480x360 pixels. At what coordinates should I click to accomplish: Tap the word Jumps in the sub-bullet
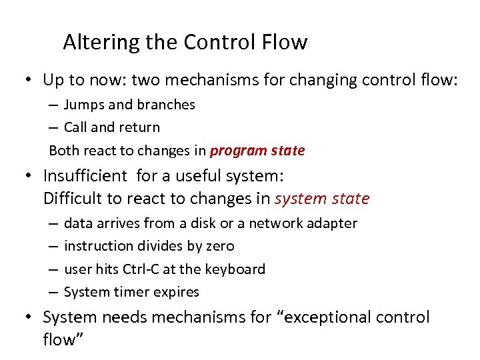(x=83, y=105)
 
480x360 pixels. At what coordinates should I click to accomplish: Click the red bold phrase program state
(x=257, y=150)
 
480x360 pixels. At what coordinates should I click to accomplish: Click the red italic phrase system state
(x=322, y=199)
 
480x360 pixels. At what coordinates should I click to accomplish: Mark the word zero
(x=221, y=246)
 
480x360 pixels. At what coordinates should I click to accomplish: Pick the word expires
(x=177, y=292)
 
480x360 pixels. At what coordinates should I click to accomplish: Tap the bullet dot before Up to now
(x=31, y=81)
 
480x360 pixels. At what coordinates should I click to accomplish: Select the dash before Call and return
(x=53, y=127)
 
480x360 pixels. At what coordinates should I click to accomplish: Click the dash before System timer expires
(x=53, y=293)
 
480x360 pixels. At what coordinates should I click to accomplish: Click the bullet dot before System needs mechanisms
(x=31, y=318)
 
